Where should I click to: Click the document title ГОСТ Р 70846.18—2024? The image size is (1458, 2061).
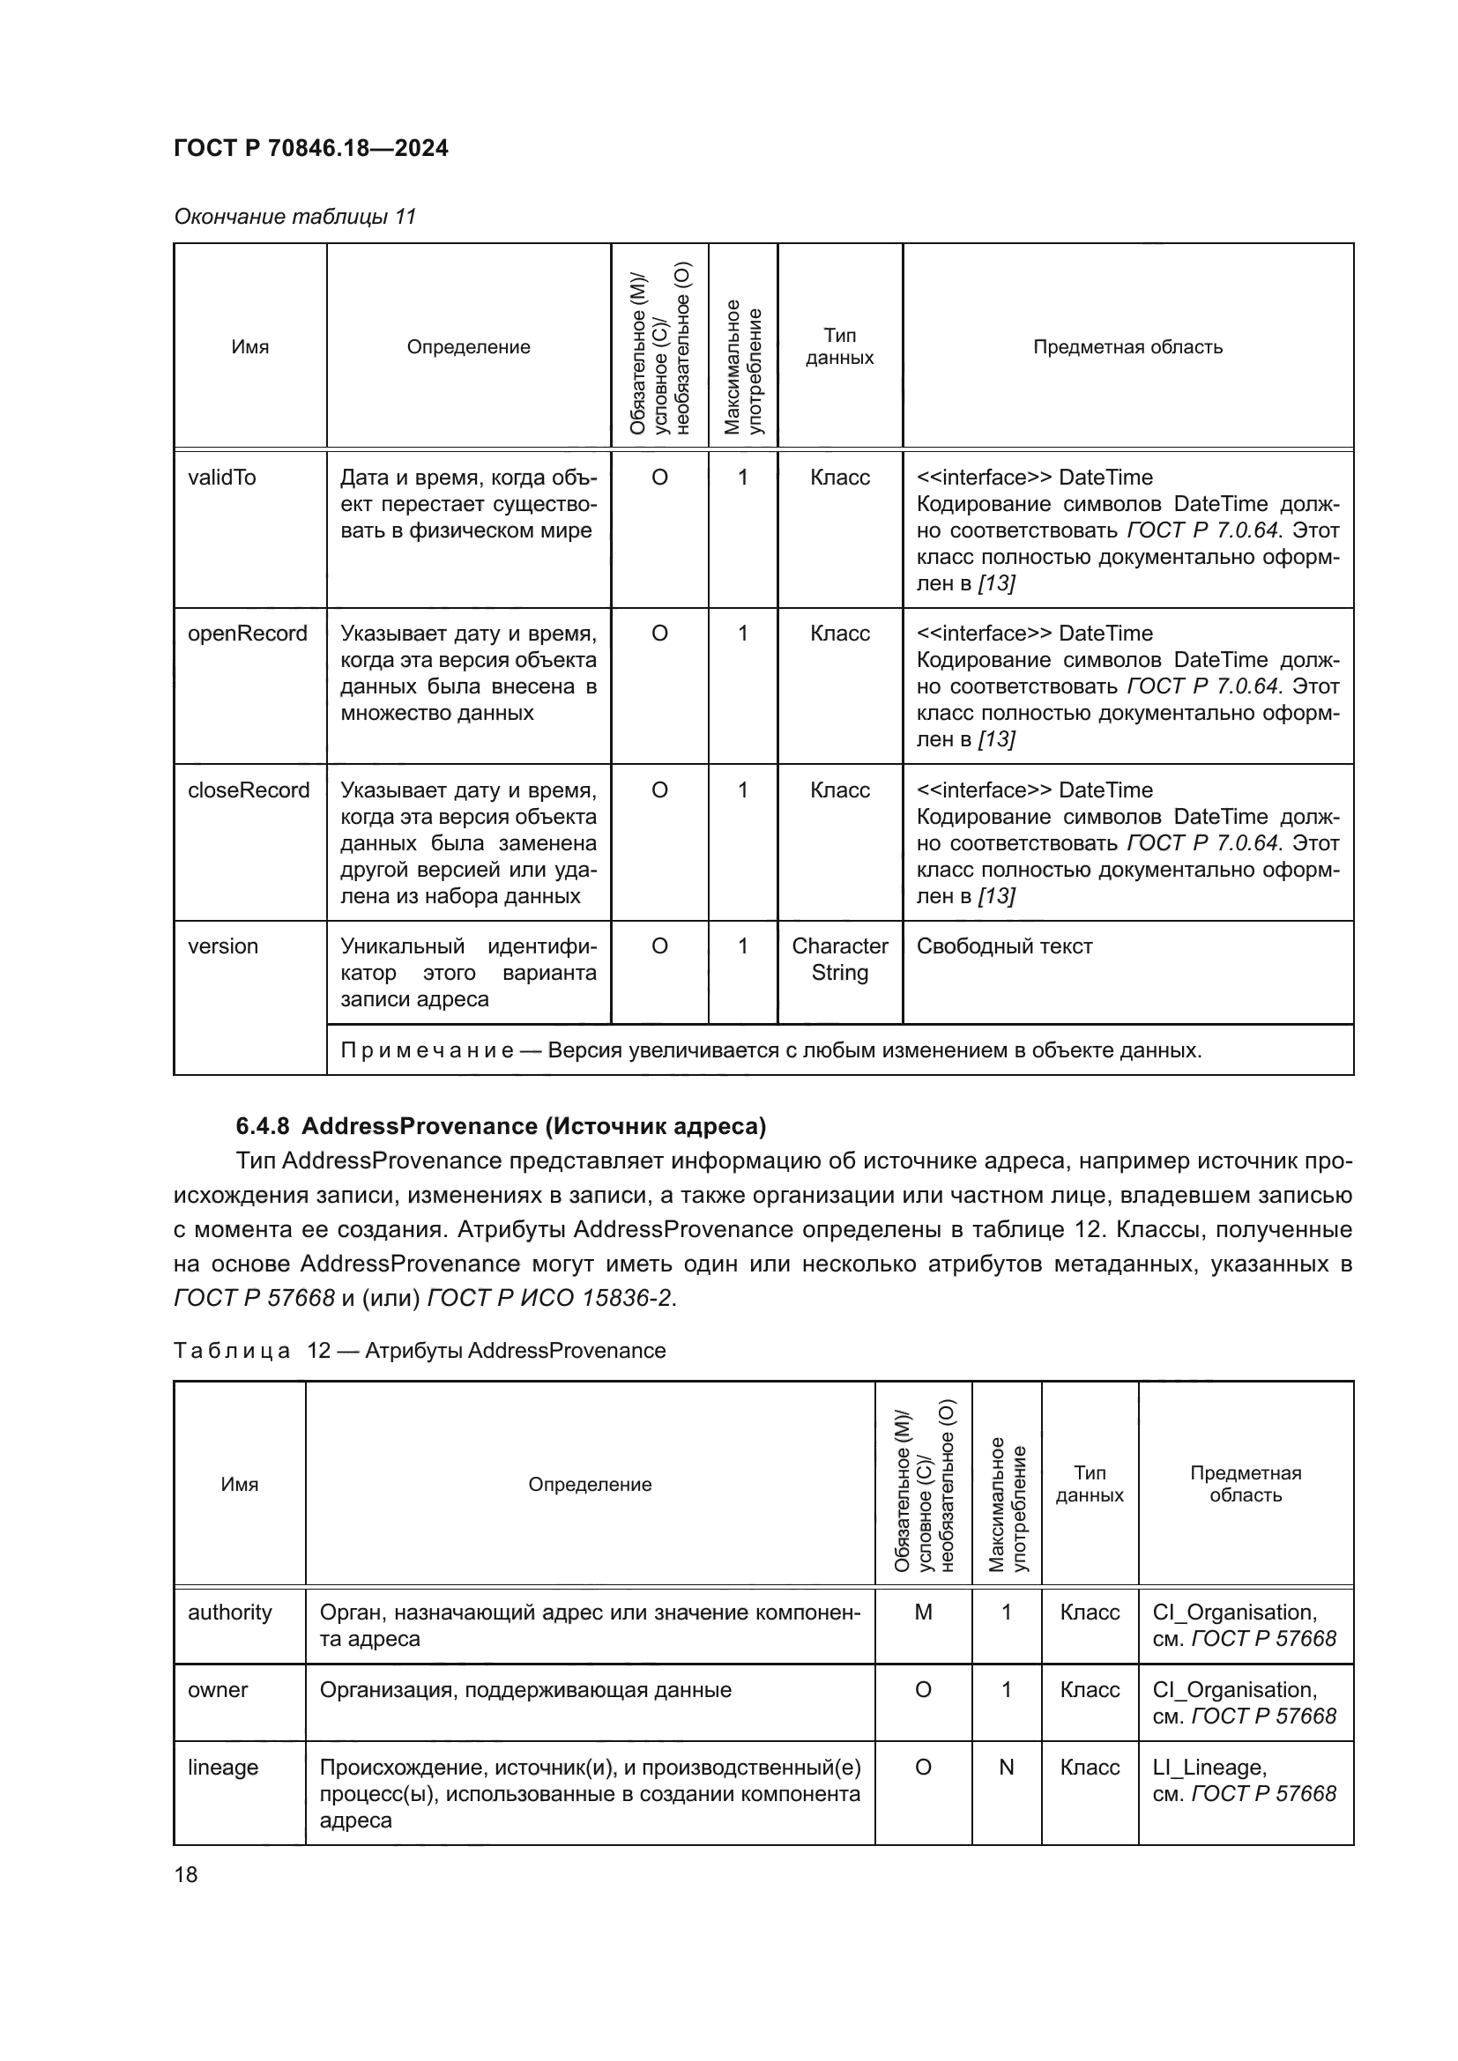pyautogui.click(x=310, y=148)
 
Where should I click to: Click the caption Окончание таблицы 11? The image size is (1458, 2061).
pyautogui.click(x=294, y=217)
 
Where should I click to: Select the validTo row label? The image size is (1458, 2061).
pyautogui.click(x=222, y=478)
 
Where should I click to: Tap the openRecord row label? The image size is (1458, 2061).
pyautogui.click(x=247, y=634)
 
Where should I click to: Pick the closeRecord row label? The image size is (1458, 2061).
pyautogui.click(x=248, y=790)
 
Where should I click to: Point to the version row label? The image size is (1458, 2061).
pyautogui.click(x=223, y=946)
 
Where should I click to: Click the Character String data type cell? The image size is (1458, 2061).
pyautogui.click(x=839, y=959)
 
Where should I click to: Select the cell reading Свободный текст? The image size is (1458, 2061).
pyautogui.click(x=1004, y=946)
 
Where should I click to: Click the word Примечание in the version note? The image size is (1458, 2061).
pyautogui.click(x=427, y=1050)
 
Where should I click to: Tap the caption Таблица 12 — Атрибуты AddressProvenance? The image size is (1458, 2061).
pyautogui.click(x=420, y=1350)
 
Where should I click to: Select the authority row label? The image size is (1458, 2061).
pyautogui.click(x=229, y=1612)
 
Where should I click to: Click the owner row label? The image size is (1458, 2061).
pyautogui.click(x=217, y=1689)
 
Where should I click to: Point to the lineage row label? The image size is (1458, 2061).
pyautogui.click(x=223, y=1767)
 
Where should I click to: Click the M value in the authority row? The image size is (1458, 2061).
pyautogui.click(x=923, y=1612)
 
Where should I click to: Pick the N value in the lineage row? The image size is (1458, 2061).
pyautogui.click(x=1006, y=1767)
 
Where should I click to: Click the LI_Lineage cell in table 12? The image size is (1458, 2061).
pyautogui.click(x=1209, y=1767)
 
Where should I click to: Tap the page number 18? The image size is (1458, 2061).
pyautogui.click(x=186, y=1874)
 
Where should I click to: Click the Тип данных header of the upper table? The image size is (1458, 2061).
pyautogui.click(x=839, y=346)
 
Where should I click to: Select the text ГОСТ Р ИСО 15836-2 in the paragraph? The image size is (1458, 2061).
pyautogui.click(x=550, y=1298)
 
